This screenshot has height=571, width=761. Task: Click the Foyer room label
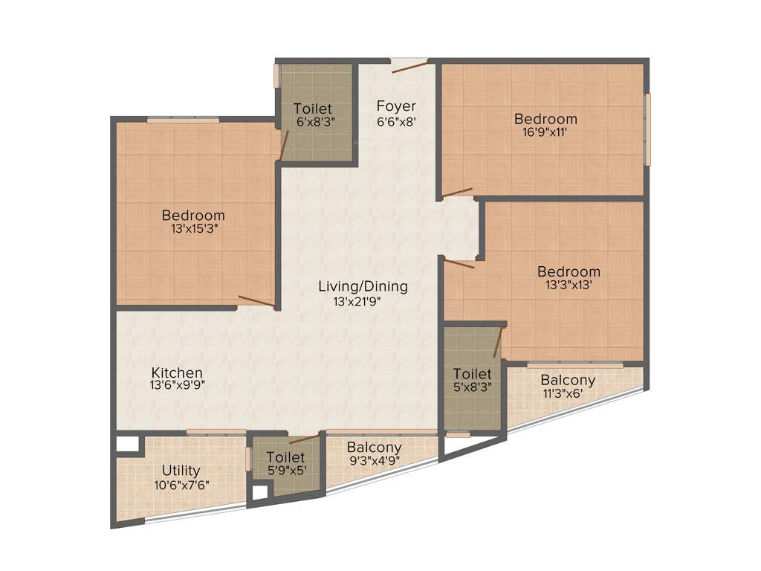(395, 106)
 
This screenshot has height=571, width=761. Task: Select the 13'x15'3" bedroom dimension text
(193, 229)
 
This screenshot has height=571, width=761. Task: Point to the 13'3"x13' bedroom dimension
(569, 285)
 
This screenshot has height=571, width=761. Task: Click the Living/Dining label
(363, 286)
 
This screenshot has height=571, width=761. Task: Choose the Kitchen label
(177, 372)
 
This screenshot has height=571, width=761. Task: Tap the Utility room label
(181, 471)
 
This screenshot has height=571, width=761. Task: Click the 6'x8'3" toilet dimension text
(312, 121)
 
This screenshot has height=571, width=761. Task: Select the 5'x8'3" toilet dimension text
(473, 387)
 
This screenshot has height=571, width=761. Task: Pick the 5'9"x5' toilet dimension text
(286, 470)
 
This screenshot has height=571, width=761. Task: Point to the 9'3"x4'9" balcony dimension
(374, 460)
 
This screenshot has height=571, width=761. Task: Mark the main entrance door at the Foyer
(409, 66)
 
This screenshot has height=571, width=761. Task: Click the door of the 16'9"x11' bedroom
(456, 193)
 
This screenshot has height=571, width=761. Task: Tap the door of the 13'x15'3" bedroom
(256, 301)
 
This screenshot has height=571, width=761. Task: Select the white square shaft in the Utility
(127, 444)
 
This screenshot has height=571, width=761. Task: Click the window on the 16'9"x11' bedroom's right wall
(647, 129)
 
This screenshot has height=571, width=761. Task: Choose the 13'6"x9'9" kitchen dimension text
(177, 386)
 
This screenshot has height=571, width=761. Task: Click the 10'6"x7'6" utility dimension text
(181, 485)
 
